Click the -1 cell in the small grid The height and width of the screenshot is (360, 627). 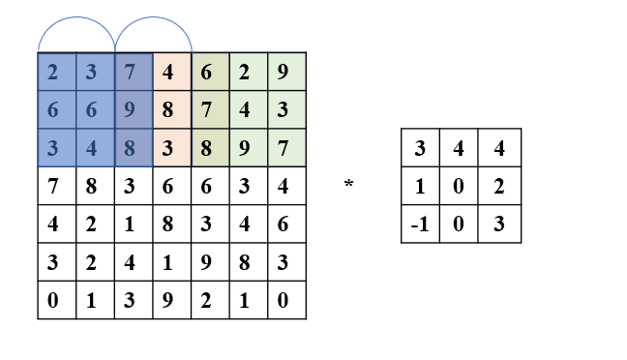coord(420,225)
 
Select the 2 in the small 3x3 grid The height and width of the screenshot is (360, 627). coord(500,187)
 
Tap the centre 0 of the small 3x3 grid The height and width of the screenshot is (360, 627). coord(461,187)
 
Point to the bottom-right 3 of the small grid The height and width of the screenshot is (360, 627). coord(500,225)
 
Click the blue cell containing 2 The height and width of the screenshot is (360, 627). coord(57,71)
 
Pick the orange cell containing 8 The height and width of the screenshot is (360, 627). coord(171,108)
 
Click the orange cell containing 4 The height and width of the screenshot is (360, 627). coord(171,71)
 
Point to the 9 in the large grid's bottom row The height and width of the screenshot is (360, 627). coord(171,300)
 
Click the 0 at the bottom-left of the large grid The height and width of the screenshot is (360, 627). coord(57,300)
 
